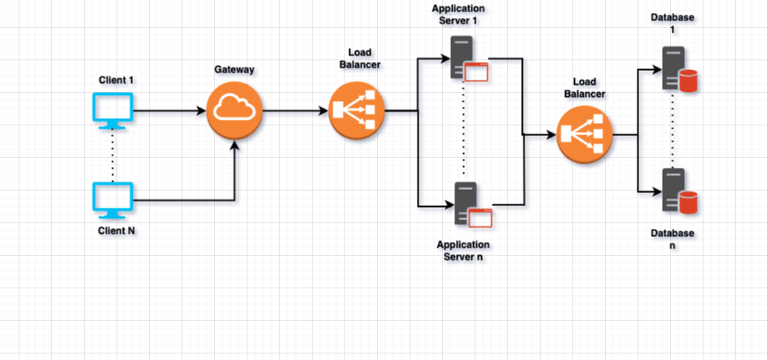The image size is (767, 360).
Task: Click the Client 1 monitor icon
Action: tap(112, 111)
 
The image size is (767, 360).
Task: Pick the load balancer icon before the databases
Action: tap(585, 135)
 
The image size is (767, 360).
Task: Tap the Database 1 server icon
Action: tap(673, 68)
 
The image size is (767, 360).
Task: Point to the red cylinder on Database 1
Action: tap(689, 81)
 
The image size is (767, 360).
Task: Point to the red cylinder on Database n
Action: tap(689, 204)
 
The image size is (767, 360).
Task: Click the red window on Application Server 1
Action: tap(476, 72)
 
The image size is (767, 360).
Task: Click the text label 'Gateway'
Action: tap(234, 70)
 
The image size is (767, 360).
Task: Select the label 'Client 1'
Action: tap(116, 80)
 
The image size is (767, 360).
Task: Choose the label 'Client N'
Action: tap(116, 231)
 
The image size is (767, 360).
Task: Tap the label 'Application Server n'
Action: tap(463, 251)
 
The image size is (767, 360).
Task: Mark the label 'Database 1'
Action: tap(673, 24)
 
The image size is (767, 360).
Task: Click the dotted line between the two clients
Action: tap(112, 156)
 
